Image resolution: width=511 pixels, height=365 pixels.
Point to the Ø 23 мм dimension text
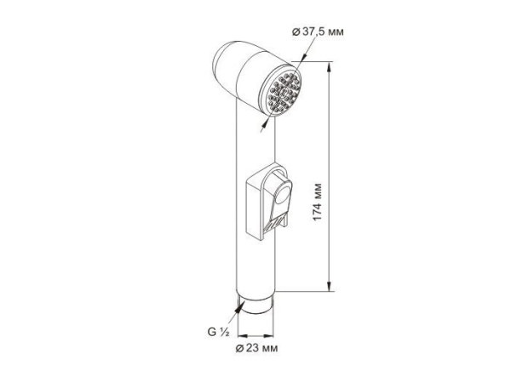pos(261,348)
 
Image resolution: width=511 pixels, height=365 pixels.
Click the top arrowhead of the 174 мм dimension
pos(330,65)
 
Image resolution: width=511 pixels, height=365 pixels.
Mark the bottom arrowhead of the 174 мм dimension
pos(330,289)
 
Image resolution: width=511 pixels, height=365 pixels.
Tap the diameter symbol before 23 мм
pos(240,348)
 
